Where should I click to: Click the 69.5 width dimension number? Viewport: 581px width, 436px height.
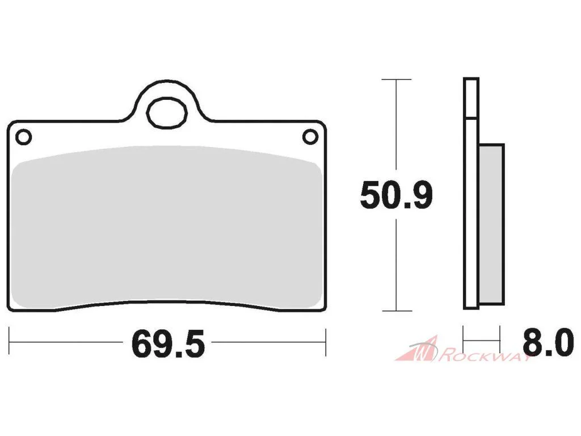point(168,345)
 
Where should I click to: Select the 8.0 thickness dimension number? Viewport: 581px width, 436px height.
point(548,343)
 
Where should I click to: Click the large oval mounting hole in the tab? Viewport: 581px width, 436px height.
point(167,113)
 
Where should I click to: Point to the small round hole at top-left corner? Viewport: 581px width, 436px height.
point(23,137)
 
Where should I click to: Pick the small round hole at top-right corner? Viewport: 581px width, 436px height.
point(310,137)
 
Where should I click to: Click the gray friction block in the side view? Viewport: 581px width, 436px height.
point(491,224)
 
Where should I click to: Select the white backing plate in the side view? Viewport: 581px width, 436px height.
point(471,194)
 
